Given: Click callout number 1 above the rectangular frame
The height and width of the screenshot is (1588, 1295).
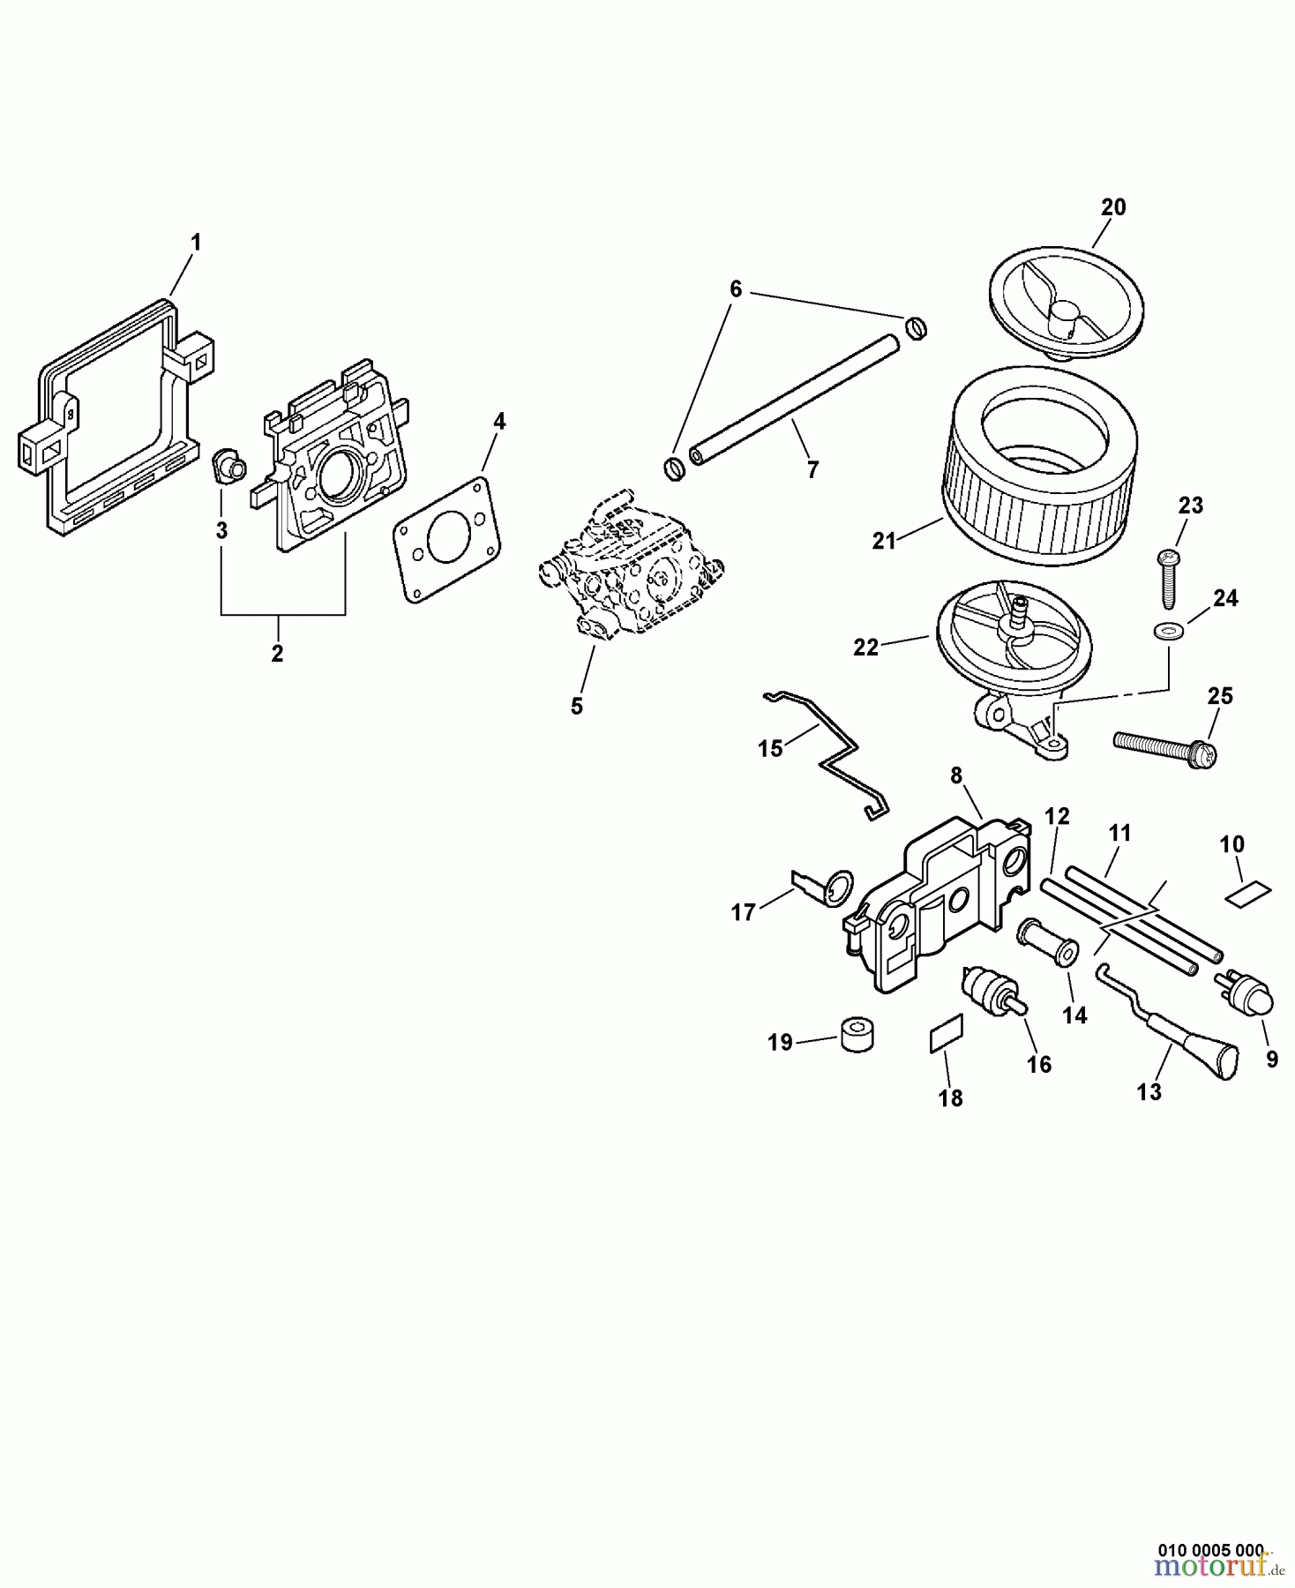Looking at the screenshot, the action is point(196,242).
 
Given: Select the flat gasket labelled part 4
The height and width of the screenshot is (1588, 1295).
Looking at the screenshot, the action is point(446,541).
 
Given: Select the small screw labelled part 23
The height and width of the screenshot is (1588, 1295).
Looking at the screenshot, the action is point(1168,578).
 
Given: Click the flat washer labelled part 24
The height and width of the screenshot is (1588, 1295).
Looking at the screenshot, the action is point(1166,631).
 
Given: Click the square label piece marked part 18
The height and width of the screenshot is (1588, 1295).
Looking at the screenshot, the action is point(947,1033).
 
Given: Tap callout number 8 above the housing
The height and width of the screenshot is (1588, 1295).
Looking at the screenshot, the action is point(956,776).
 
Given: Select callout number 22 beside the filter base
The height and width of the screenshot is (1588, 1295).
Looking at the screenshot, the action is point(866,647).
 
